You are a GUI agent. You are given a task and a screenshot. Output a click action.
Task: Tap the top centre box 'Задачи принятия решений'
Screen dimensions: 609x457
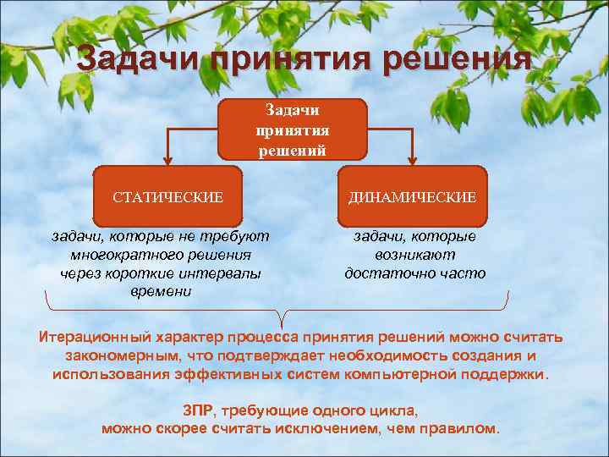click(x=292, y=129)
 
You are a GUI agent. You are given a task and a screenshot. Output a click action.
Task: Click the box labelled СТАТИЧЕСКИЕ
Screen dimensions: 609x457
click(x=167, y=197)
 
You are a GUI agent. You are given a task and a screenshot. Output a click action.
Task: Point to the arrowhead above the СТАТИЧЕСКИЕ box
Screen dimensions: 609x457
click(x=167, y=158)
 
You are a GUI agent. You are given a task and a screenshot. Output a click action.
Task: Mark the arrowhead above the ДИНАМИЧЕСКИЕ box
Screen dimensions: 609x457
click(x=413, y=158)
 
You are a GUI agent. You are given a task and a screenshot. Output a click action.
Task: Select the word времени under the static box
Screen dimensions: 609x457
click(x=162, y=291)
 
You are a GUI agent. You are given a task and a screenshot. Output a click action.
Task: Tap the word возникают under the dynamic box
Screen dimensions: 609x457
click(x=414, y=254)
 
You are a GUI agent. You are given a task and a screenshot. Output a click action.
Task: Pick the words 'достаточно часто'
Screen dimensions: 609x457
click(x=414, y=273)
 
